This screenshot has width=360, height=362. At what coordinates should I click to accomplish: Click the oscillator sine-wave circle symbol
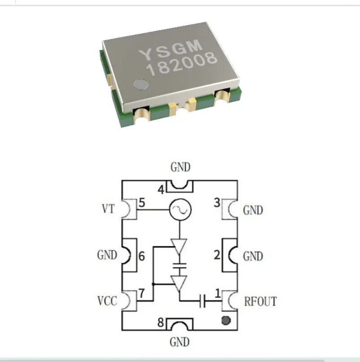tap(180, 209)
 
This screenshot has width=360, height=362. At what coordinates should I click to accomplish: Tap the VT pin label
tap(108, 209)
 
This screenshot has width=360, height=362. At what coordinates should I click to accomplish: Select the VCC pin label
tap(107, 301)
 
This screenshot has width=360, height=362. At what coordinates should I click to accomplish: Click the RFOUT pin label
tap(260, 301)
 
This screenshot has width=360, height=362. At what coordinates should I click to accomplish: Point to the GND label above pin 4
tap(180, 167)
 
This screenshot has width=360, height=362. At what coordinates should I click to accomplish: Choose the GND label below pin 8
tap(180, 342)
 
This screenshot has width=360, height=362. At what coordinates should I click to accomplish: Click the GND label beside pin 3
tap(253, 210)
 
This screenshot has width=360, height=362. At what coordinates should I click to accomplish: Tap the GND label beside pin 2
tap(253, 256)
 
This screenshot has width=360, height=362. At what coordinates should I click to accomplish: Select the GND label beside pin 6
tap(107, 255)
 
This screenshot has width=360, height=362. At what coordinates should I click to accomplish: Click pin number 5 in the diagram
tap(142, 203)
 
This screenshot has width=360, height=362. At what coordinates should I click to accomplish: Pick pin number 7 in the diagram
tap(141, 293)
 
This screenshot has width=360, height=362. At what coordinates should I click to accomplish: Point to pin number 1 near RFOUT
tap(217, 293)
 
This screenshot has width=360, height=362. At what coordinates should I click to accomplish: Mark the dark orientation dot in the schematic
tap(226, 320)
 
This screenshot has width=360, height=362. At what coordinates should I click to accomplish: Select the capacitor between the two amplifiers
tap(180, 266)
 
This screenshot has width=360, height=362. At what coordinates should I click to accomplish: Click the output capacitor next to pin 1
tap(202, 301)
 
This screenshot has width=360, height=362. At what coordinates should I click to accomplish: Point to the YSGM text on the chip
tap(171, 50)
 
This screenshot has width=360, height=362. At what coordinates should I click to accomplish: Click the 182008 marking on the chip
tap(182, 64)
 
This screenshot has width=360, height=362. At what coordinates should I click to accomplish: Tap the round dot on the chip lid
tap(141, 84)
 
